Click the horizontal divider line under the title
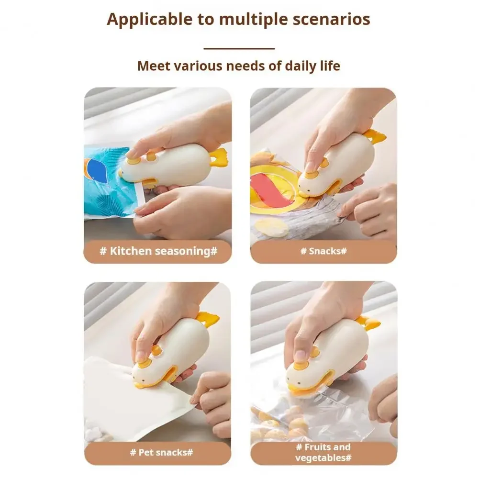click(x=239, y=48)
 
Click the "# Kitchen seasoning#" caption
click(x=158, y=251)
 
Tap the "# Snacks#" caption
click(x=323, y=251)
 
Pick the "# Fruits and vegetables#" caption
click(x=323, y=453)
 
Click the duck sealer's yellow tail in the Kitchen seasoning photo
click(x=219, y=156)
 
